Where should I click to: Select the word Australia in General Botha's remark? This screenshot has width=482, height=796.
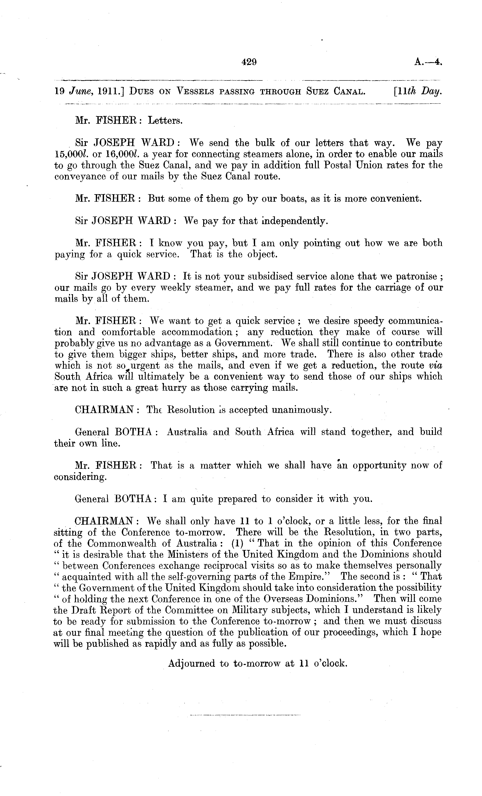point(187,432)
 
